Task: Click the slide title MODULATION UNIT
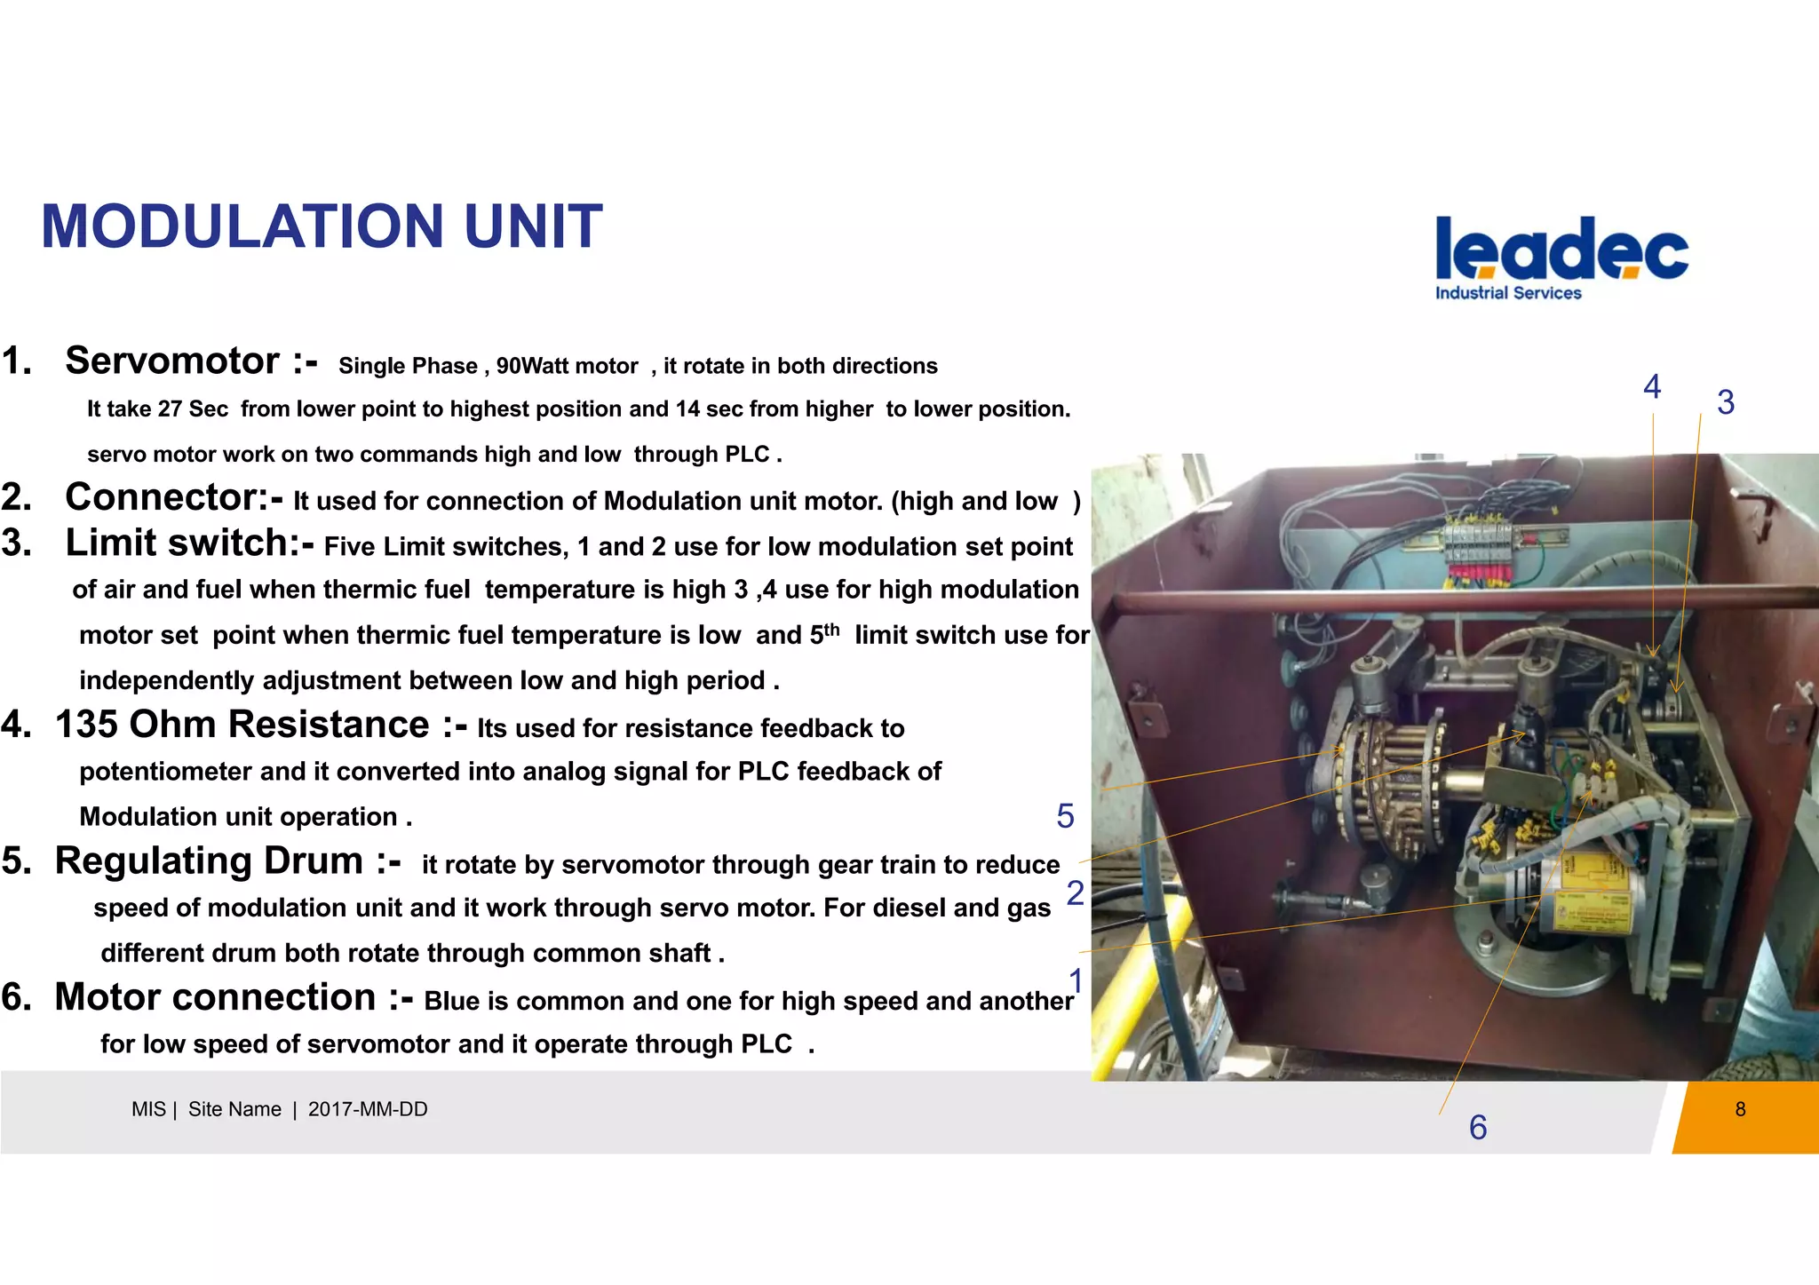[x=322, y=226]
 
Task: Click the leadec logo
[x=1561, y=249]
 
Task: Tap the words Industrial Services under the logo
[x=1508, y=293]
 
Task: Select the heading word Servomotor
[x=172, y=361]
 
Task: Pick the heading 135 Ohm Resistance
[x=242, y=725]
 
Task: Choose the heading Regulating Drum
[x=209, y=861]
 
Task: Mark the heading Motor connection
[x=215, y=997]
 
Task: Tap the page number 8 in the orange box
[x=1740, y=1109]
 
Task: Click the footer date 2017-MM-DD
[x=368, y=1109]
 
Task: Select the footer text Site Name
[x=234, y=1109]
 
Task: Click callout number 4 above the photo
[x=1652, y=386]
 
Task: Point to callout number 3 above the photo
[x=1726, y=402]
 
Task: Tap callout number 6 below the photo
[x=1478, y=1128]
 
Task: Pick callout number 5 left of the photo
[x=1066, y=816]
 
